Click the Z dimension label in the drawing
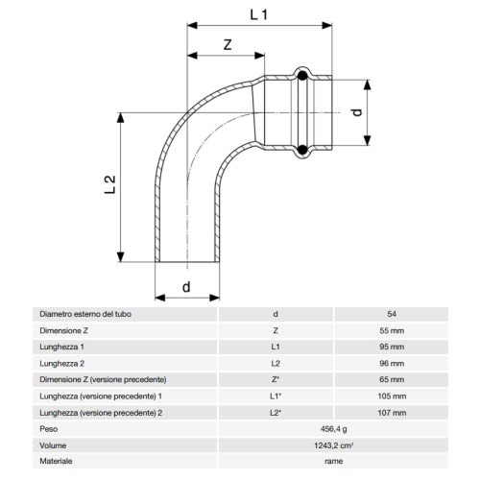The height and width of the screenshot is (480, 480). click(227, 45)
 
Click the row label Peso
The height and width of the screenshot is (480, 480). click(48, 429)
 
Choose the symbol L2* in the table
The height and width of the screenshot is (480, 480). click(276, 412)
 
